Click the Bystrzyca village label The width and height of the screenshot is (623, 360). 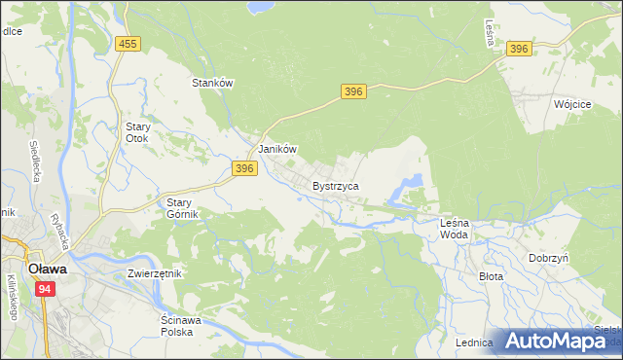click(x=336, y=185)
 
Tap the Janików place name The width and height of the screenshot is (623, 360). click(x=276, y=149)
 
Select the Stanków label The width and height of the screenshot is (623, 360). click(x=213, y=84)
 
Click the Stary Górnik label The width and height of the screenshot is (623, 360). click(x=177, y=208)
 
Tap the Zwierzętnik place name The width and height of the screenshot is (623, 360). click(x=155, y=273)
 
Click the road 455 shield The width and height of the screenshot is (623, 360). click(x=127, y=44)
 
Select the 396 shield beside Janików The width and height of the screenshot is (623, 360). click(x=244, y=168)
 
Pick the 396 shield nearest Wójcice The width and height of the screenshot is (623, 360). click(x=519, y=49)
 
